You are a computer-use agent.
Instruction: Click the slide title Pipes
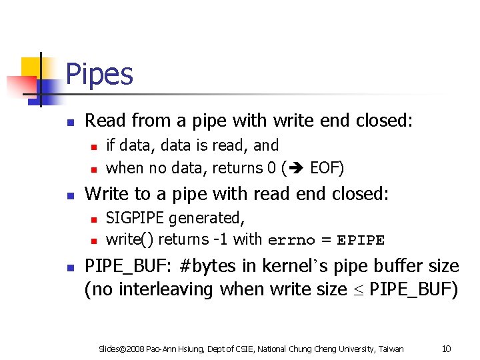pyautogui.click(x=99, y=75)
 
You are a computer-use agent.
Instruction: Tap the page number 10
pyautogui.click(x=447, y=349)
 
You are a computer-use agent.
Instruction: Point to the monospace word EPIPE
pyautogui.click(x=361, y=240)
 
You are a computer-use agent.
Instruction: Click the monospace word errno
pyautogui.click(x=289, y=240)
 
